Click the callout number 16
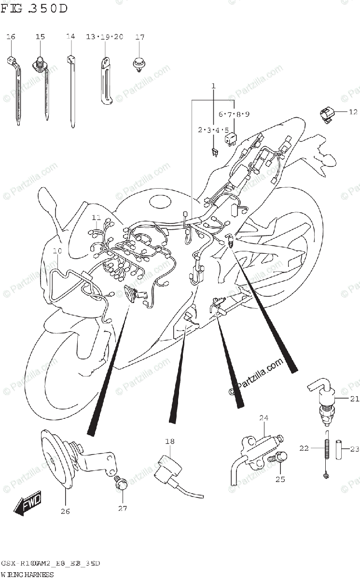(x=11, y=37)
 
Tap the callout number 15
(x=40, y=37)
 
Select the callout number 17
(x=139, y=37)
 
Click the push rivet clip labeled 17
(x=139, y=63)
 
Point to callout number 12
(x=353, y=112)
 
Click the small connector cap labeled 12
(x=326, y=115)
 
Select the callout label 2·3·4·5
(x=212, y=130)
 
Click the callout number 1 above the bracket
(x=213, y=86)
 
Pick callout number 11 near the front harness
(x=97, y=217)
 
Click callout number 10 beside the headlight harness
(x=57, y=251)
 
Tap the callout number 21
(x=355, y=399)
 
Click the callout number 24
(x=263, y=418)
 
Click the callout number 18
(x=169, y=441)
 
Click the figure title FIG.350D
(x=34, y=9)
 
